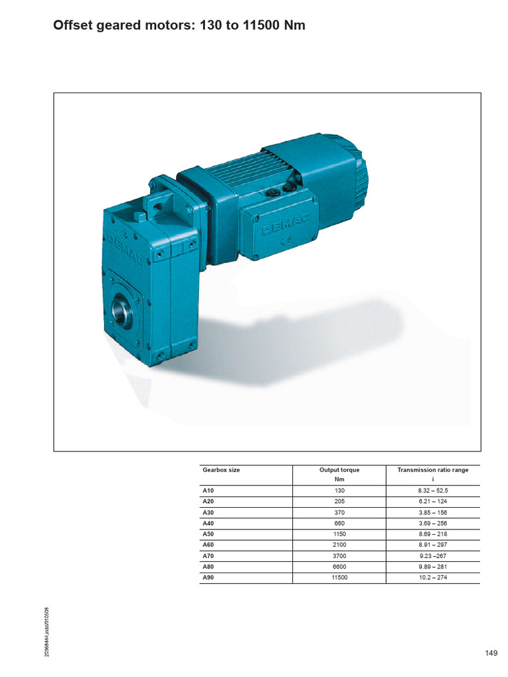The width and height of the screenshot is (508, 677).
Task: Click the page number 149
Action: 491,653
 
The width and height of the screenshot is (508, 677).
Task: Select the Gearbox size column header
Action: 221,470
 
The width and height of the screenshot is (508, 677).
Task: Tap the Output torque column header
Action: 339,470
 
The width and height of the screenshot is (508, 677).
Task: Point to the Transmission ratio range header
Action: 433,470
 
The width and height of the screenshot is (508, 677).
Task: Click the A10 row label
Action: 208,491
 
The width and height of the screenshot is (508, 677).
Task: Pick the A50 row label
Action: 208,534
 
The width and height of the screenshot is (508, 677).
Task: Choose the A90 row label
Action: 208,578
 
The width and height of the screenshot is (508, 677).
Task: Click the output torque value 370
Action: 340,512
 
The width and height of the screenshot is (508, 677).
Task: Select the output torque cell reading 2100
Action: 340,545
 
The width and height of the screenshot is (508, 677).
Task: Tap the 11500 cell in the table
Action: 340,578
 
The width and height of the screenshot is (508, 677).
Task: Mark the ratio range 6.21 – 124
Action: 433,501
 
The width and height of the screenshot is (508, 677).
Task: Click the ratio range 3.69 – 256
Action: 433,523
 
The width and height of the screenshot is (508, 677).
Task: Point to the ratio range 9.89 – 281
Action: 433,567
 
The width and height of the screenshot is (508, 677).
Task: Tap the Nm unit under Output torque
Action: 339,479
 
